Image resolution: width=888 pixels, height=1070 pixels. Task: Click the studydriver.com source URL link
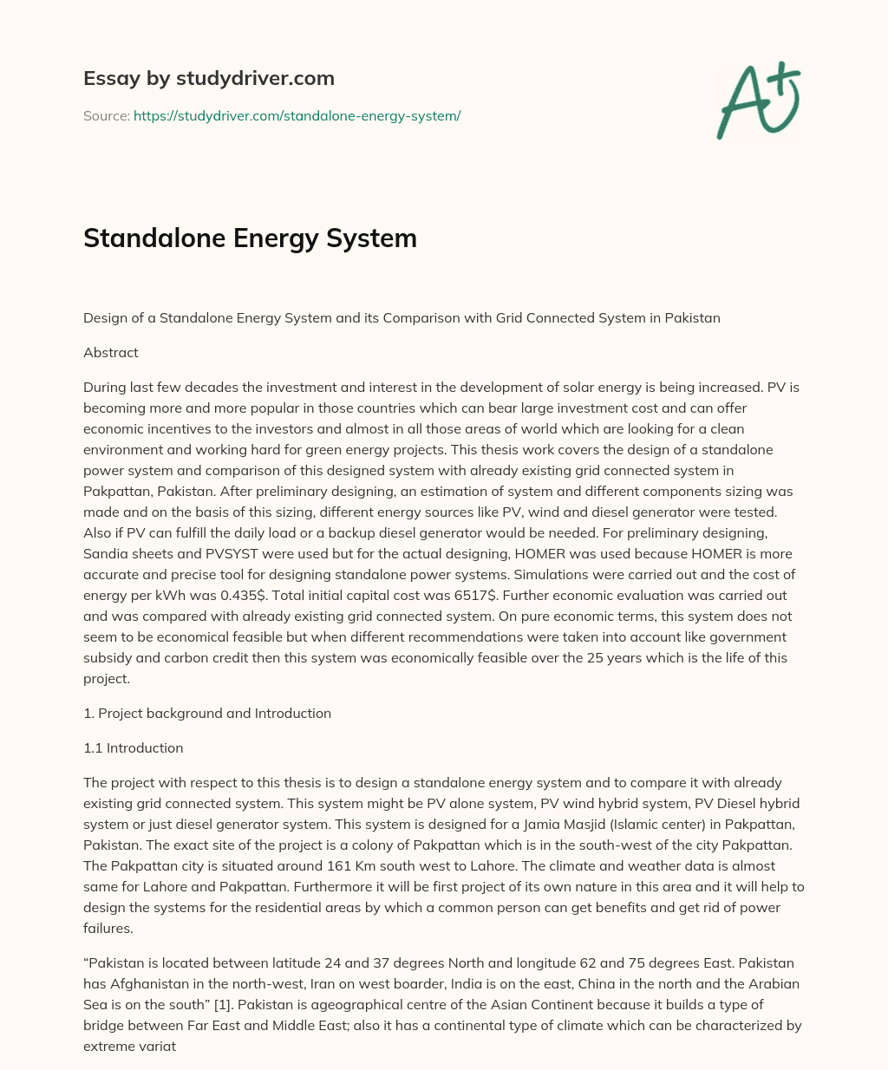pyautogui.click(x=297, y=115)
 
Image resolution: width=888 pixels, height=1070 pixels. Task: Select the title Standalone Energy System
pyautogui.click(x=250, y=238)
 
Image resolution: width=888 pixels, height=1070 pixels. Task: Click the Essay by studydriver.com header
pyautogui.click(x=208, y=78)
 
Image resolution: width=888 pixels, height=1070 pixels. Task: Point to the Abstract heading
pyautogui.click(x=110, y=352)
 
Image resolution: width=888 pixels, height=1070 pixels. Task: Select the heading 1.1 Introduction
pyautogui.click(x=133, y=747)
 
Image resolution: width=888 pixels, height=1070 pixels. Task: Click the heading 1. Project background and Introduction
pyautogui.click(x=206, y=713)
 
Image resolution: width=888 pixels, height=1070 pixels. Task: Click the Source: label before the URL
pyautogui.click(x=106, y=115)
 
